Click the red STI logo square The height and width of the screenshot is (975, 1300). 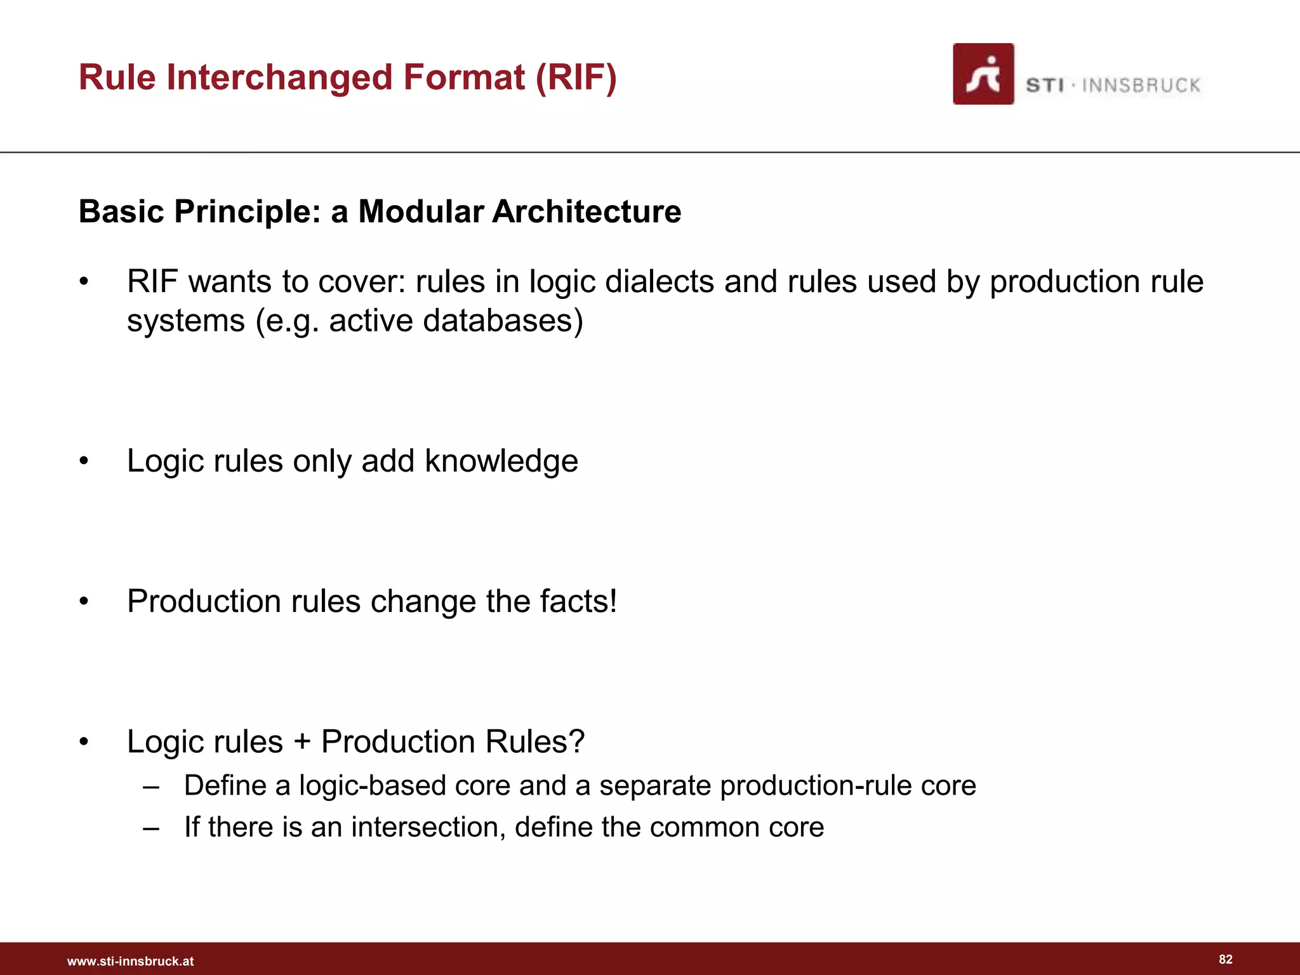click(983, 74)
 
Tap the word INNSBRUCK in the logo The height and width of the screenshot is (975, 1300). click(1141, 86)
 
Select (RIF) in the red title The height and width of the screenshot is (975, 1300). click(576, 77)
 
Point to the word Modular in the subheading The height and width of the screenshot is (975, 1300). click(421, 211)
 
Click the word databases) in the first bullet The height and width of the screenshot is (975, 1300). click(503, 321)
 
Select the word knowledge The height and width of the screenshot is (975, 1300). click(501, 461)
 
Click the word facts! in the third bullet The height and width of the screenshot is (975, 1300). click(578, 601)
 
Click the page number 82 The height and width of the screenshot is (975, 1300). click(1226, 959)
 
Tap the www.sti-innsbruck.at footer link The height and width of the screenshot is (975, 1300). click(130, 961)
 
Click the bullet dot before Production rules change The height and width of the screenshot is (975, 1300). click(84, 602)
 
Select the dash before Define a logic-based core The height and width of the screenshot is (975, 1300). click(151, 786)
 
